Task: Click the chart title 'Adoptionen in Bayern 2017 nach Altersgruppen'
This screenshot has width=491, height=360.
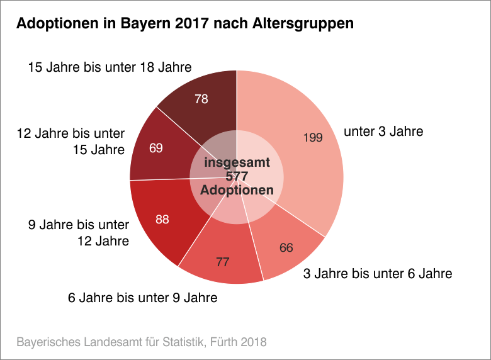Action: [184, 24]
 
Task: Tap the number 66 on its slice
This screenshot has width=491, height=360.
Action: [286, 247]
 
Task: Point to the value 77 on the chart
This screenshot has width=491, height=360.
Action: [223, 261]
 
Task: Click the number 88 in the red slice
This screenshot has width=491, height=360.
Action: [162, 219]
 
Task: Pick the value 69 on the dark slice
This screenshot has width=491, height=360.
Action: [156, 148]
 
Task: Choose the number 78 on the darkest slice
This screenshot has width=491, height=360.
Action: [201, 99]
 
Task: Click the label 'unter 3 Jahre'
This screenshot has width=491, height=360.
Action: [383, 132]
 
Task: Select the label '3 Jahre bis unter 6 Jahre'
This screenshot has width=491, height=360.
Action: [378, 274]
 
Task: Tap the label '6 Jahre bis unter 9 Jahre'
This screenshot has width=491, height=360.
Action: [142, 298]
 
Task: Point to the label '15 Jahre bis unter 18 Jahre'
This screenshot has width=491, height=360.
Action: [110, 67]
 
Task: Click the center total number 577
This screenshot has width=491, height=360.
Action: [237, 176]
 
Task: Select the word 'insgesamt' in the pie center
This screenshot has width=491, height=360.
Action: [237, 162]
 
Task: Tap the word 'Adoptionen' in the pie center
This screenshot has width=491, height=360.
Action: [237, 190]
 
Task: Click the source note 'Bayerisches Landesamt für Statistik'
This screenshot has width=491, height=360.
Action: [105, 342]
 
